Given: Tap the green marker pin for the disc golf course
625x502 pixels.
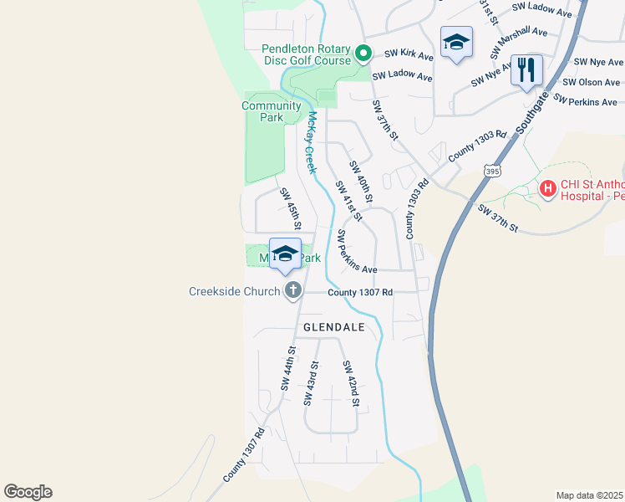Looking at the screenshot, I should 363,54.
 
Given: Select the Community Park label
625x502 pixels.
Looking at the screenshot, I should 271,111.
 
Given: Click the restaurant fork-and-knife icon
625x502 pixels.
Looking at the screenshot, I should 526,69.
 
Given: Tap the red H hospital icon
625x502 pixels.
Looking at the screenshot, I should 548,189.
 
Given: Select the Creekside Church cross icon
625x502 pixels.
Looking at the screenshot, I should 292,290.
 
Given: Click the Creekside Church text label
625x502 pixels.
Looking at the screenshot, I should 235,291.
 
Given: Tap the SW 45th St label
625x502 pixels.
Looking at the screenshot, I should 290,209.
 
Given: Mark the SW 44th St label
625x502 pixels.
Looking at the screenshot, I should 288,369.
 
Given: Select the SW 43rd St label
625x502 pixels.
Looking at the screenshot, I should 311,383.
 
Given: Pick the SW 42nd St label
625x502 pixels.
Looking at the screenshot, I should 350,383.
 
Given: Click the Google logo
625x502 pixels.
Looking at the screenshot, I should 28,492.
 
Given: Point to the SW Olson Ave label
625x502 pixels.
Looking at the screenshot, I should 592,82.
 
